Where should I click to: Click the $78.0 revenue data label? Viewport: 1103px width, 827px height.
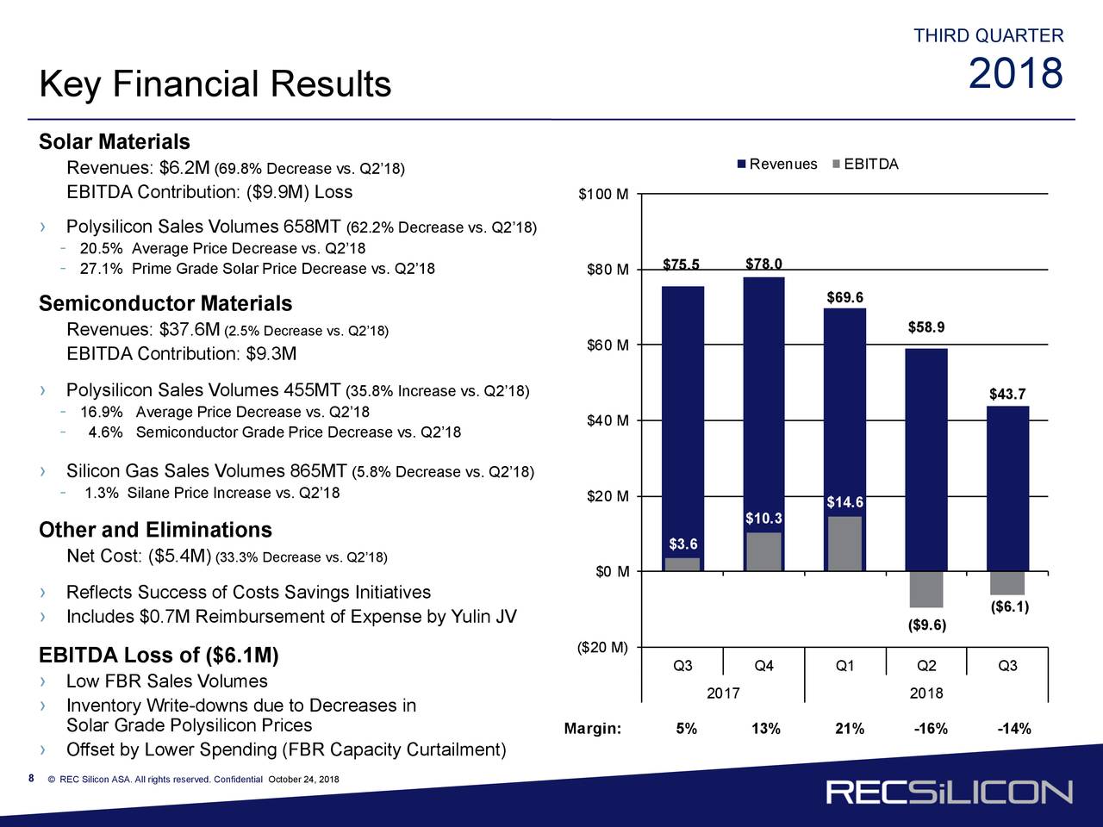point(763,264)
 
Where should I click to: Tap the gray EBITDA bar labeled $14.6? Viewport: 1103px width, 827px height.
point(844,543)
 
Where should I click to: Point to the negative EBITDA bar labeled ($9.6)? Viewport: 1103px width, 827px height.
point(925,589)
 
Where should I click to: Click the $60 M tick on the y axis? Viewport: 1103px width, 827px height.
point(608,345)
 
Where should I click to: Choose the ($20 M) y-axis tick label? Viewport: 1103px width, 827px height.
point(601,648)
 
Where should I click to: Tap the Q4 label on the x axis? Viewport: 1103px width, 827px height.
point(763,666)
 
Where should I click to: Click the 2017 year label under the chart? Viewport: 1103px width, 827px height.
point(723,693)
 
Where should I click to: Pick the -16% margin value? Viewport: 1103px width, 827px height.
point(931,730)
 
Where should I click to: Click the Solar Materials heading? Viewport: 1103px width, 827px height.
point(115,141)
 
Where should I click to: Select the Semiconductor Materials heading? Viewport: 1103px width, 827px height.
point(165,304)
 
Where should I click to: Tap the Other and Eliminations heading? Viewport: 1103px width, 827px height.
point(155,530)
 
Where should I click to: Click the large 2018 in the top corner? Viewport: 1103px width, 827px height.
point(1016,74)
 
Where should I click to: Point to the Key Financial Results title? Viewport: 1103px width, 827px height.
point(215,84)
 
